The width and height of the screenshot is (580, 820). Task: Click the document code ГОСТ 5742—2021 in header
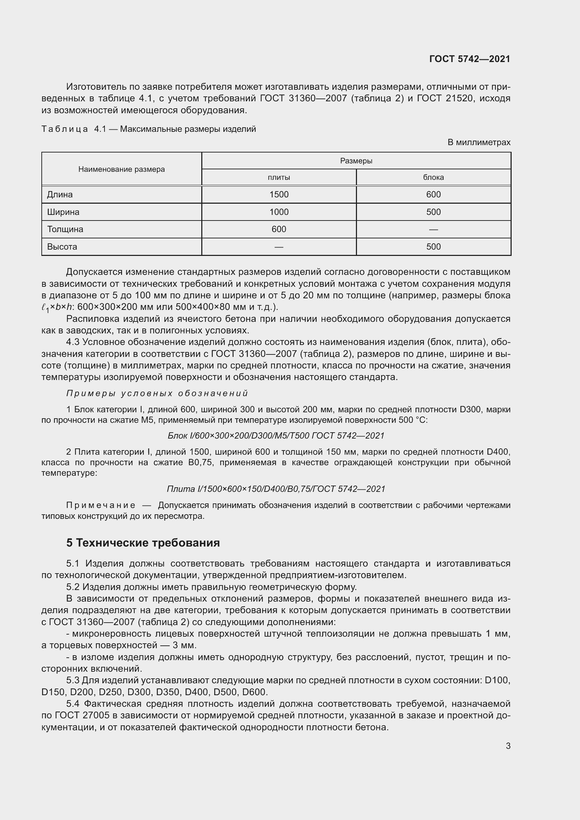[x=469, y=59]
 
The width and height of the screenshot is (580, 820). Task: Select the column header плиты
[x=278, y=177]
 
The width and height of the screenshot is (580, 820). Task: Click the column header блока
[x=433, y=177]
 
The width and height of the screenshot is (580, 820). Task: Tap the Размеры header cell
[x=356, y=161]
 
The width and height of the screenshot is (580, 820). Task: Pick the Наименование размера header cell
[x=121, y=169]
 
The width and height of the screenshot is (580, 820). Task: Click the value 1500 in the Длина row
[x=278, y=194]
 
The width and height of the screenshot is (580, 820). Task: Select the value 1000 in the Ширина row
[x=278, y=212]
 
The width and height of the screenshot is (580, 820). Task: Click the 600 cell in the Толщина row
[x=278, y=229]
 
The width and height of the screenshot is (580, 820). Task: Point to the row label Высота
[x=62, y=246]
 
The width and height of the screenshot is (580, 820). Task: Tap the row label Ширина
[x=63, y=212]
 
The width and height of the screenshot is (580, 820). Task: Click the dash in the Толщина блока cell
[x=433, y=229]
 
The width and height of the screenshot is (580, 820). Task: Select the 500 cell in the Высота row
[x=433, y=246]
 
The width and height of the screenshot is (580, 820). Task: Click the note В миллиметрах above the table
[x=479, y=142]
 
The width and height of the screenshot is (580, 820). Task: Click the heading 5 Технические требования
[x=143, y=542]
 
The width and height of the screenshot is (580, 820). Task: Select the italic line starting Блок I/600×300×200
[x=276, y=436]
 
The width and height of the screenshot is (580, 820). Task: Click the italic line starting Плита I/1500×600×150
[x=276, y=489]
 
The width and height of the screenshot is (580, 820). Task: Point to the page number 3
[x=508, y=746]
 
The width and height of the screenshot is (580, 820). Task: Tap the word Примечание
[x=101, y=506]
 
